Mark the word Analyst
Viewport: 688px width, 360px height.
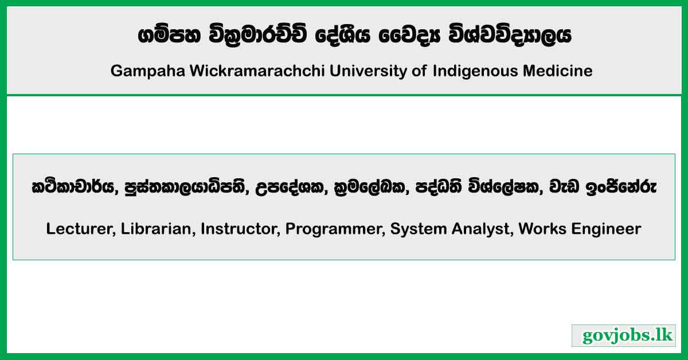483,229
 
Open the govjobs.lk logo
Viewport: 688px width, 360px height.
624,335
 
